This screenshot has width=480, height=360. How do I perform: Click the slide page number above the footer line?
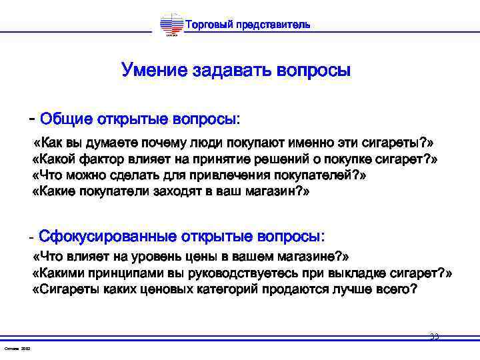click(434, 337)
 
